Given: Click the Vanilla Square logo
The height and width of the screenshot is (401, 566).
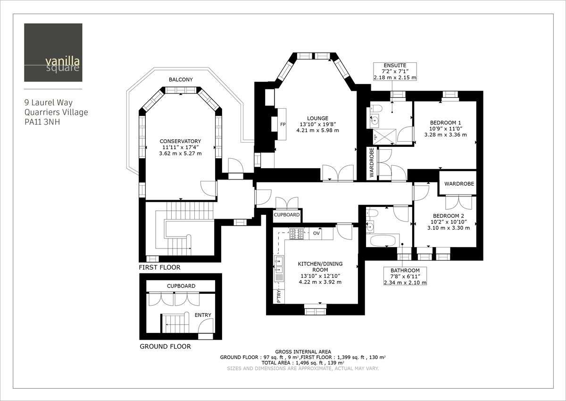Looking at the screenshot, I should click(53, 52).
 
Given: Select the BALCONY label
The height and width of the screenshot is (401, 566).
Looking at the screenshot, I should click(181, 79).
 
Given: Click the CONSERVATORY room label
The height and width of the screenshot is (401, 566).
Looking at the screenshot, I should click(180, 141).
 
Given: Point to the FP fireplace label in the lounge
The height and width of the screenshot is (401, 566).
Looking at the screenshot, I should click(283, 125).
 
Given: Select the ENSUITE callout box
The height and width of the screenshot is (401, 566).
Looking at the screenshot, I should click(395, 71).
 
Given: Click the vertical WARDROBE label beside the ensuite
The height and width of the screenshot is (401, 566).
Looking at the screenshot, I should click(372, 163).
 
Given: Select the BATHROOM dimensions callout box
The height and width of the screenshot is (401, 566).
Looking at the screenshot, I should click(405, 276).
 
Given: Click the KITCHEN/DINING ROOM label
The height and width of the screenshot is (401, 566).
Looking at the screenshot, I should click(320, 267).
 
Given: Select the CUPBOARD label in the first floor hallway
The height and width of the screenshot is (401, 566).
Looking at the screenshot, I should click(286, 215).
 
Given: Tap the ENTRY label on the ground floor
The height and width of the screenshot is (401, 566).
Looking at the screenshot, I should click(203, 315).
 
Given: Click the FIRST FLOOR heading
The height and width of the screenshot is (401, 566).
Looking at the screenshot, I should click(159, 267).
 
